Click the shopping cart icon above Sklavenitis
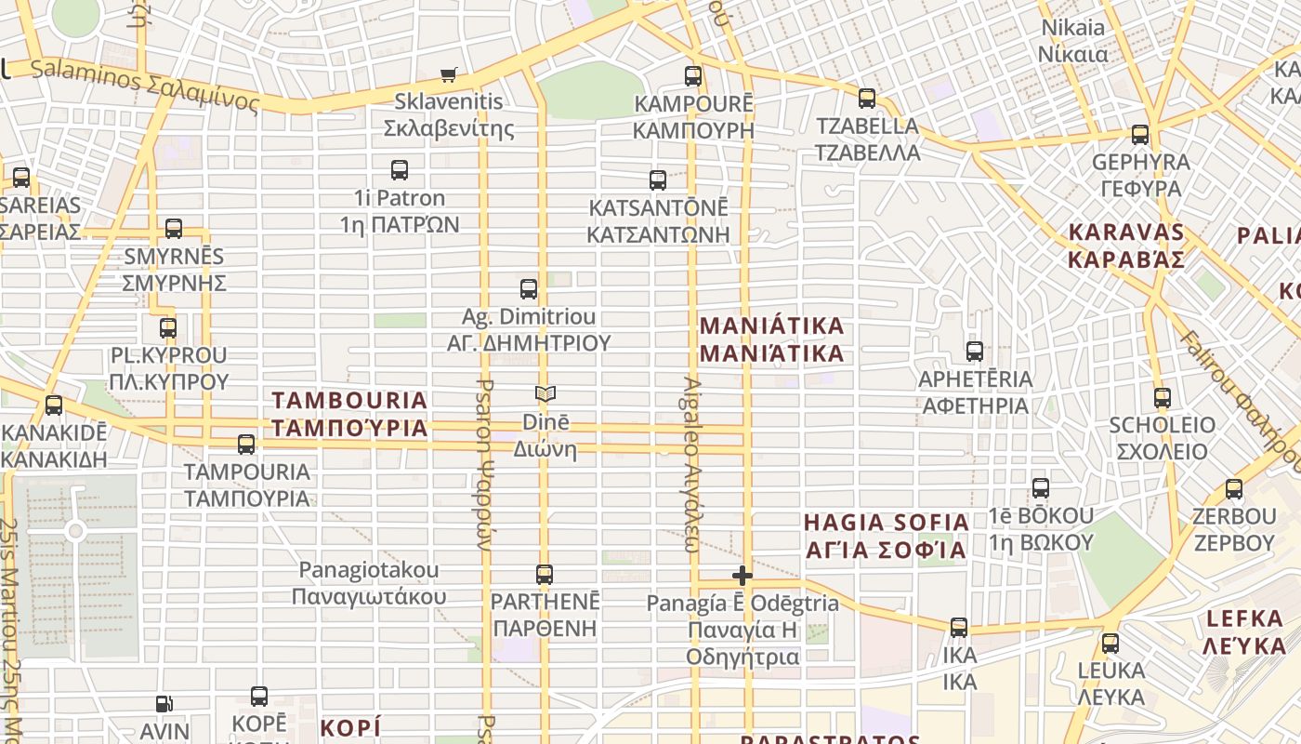pos(449,74)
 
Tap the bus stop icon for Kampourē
pos(693,76)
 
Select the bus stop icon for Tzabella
pos(867,98)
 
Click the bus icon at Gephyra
pos(1140,135)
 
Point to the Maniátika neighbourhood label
pos(771,339)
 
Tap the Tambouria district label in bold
pos(349,414)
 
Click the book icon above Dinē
pos(545,394)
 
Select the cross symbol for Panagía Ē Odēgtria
pos(742,576)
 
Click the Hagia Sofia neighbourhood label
pos(886,536)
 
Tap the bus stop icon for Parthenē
pos(545,575)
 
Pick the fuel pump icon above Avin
pos(164,705)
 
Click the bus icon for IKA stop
pos(959,628)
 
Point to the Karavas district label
pos(1126,246)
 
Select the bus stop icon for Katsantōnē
pos(658,180)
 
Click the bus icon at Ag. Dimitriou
pos(529,289)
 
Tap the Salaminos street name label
pos(144,85)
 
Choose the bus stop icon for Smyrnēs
pos(174,229)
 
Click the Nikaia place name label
pos(1073,41)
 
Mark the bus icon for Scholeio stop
pos(1162,398)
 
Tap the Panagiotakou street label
pos(369,582)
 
